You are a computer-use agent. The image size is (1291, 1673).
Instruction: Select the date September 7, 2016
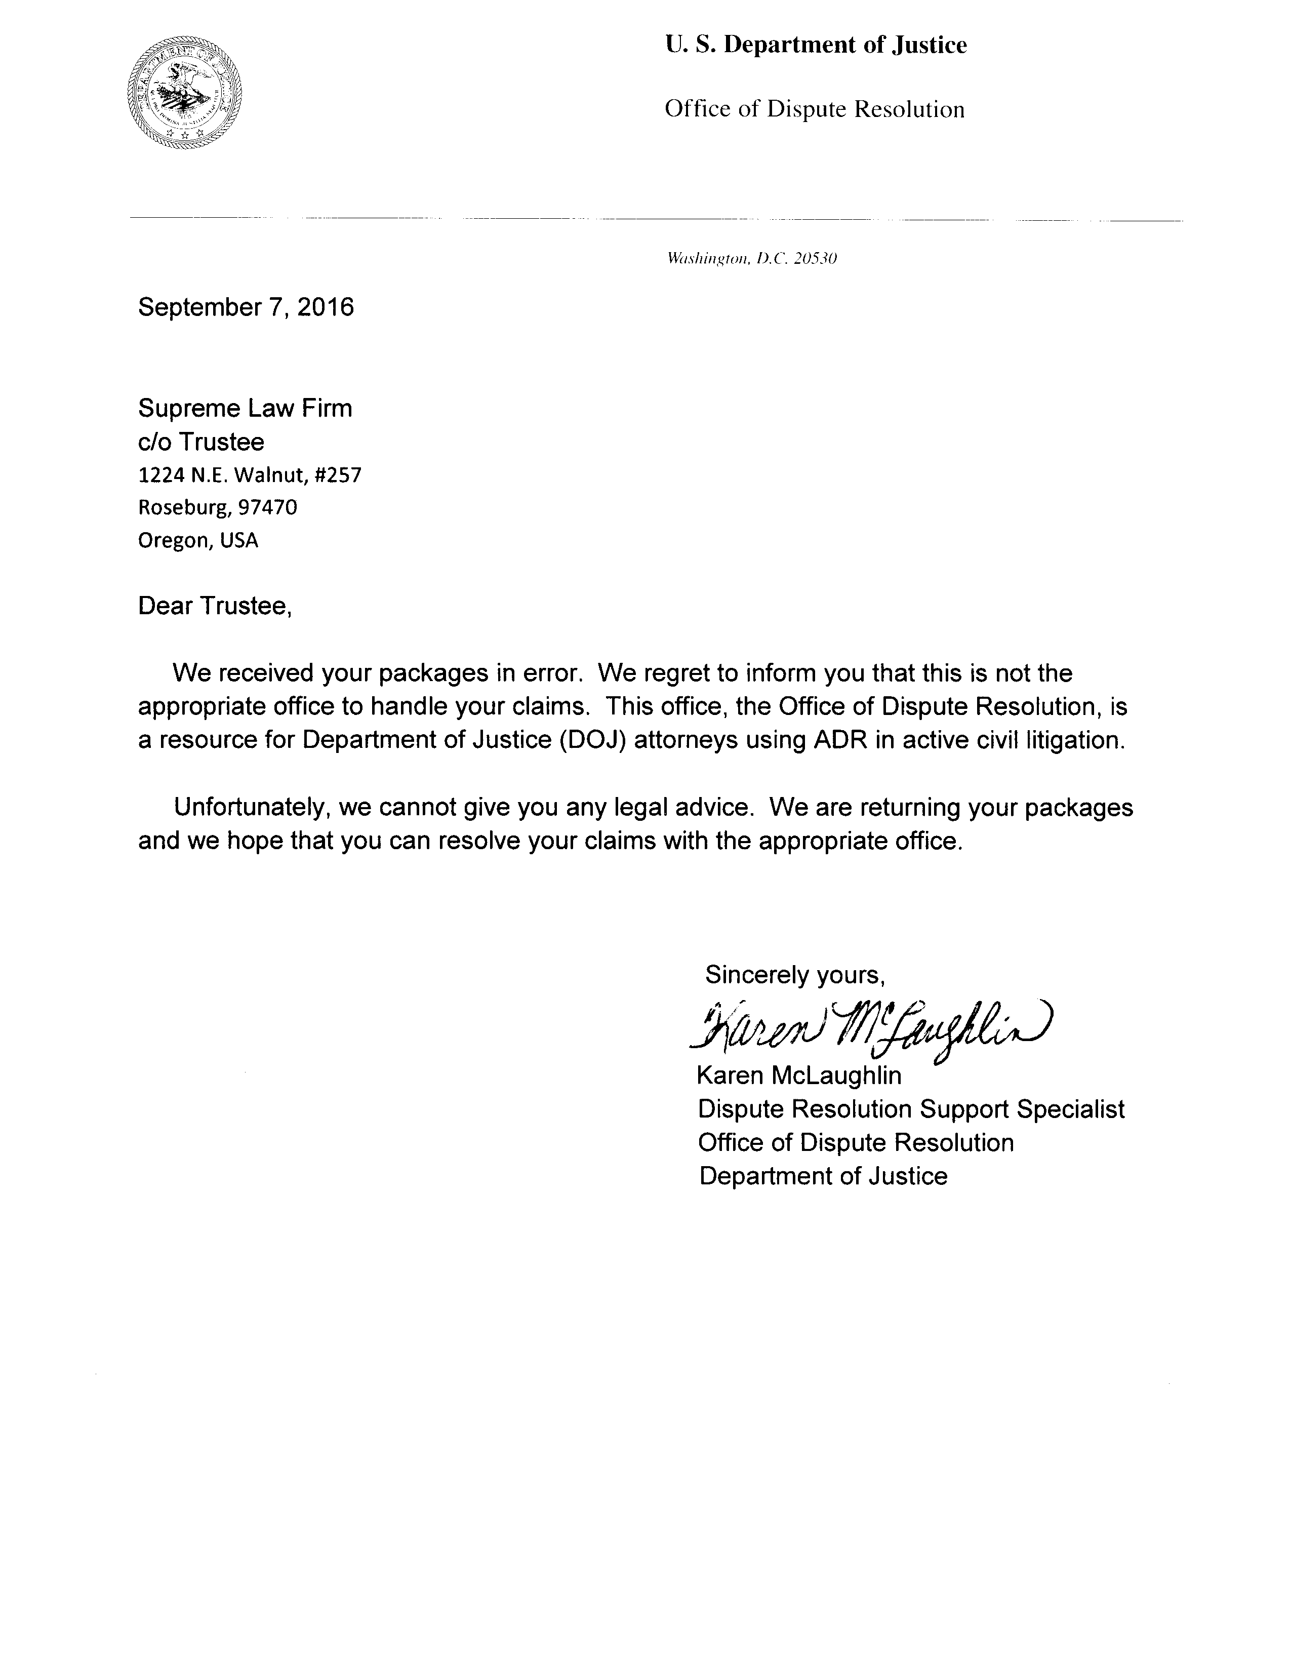coord(246,307)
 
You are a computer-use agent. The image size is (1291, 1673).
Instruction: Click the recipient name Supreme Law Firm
coord(245,408)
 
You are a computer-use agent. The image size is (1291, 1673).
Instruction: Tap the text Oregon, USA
coord(198,541)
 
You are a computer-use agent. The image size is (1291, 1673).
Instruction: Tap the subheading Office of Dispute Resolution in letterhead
coord(814,109)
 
